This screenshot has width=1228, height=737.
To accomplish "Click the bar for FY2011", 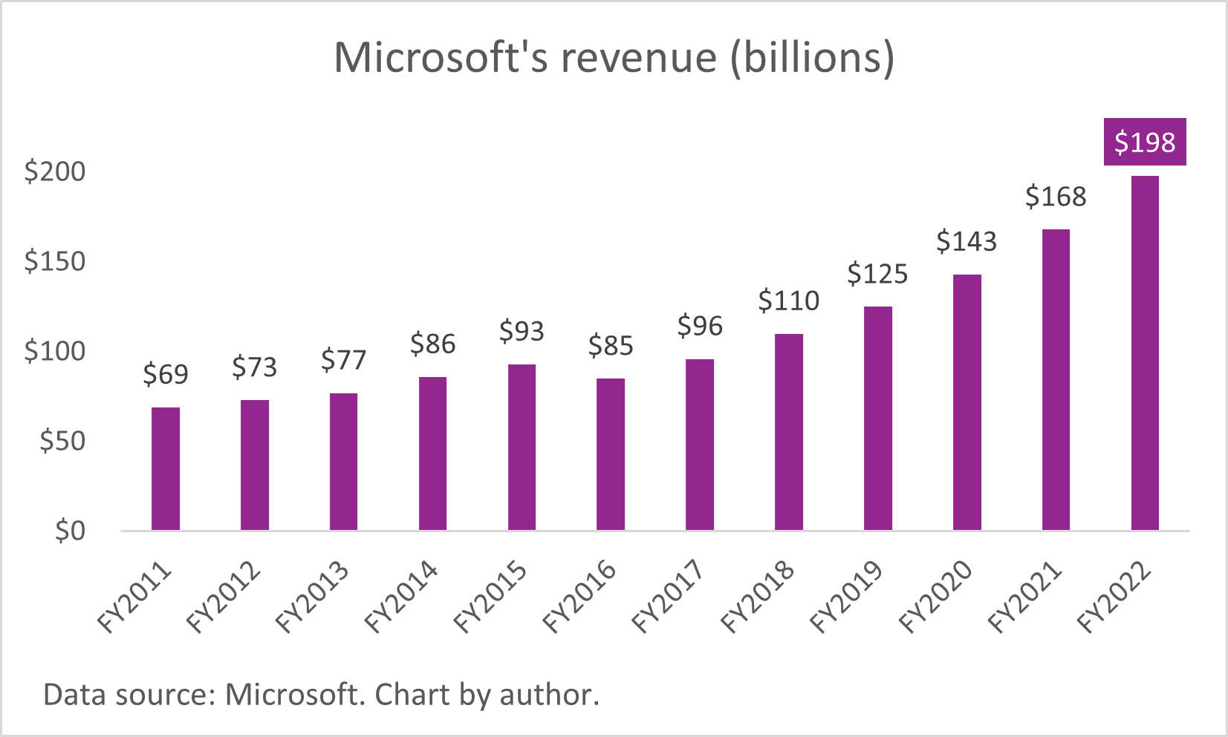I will pos(165,468).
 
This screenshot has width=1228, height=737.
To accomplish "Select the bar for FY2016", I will pos(610,454).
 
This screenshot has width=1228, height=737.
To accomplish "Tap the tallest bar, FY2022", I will pos(1144,353).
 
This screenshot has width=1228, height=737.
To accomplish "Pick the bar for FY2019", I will pos(877,418).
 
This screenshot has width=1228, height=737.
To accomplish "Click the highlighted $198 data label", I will pos(1144,142).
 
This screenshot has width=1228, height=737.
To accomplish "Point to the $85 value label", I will pos(610,346).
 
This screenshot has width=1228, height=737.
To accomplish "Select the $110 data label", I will pos(788,301).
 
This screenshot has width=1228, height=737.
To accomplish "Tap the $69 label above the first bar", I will pos(165,374).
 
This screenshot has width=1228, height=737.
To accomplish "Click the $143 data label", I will pos(966,241).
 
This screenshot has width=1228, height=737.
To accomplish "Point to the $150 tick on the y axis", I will pos(54,261).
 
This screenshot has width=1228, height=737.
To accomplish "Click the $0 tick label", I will pos(70,531).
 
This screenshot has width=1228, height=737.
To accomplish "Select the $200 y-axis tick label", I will pos(54,171).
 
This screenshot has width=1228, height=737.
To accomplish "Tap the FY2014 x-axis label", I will pos(402,597).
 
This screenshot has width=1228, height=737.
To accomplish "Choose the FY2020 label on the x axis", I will pos(936,597).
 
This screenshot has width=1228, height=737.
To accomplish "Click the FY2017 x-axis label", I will pos(669,597).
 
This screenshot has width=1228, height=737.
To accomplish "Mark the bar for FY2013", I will pos(343,462).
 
